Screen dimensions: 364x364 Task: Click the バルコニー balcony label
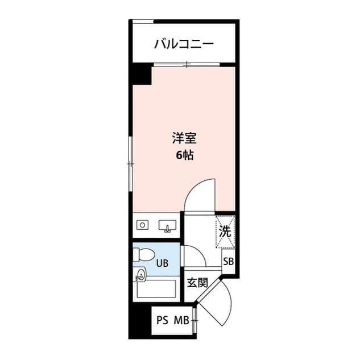(x=184, y=44)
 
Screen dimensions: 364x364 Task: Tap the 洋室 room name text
(x=184, y=138)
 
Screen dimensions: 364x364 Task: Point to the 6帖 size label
(x=184, y=155)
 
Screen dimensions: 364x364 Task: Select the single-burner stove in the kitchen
(x=142, y=225)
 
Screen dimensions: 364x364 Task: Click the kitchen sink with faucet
(x=167, y=226)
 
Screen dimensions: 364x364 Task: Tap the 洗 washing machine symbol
(x=225, y=232)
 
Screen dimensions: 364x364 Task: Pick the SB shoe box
(x=228, y=262)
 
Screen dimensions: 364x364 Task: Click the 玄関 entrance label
(x=197, y=282)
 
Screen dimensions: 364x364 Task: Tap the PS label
(x=163, y=320)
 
